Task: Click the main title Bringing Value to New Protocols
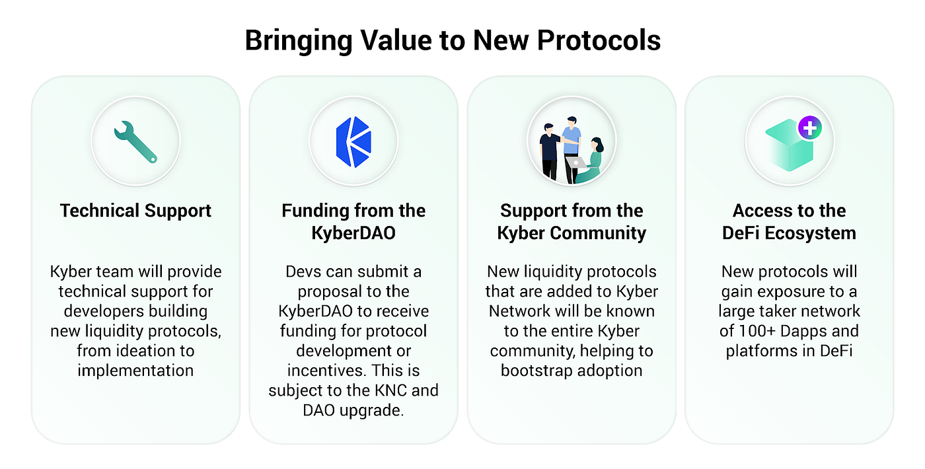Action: (x=453, y=40)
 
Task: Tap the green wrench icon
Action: (x=135, y=141)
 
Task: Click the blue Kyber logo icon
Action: (x=353, y=140)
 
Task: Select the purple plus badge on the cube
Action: (x=809, y=127)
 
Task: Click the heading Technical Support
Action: (x=135, y=211)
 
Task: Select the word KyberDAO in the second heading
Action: (x=353, y=233)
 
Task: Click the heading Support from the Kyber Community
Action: (x=572, y=221)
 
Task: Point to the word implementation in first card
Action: (x=135, y=370)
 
